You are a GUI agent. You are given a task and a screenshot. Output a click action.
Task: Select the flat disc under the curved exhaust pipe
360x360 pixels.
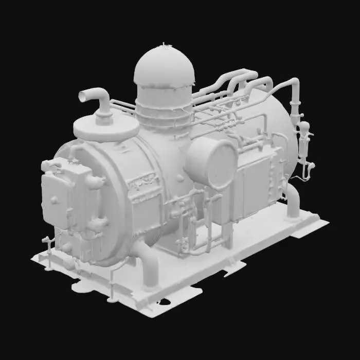(105, 128)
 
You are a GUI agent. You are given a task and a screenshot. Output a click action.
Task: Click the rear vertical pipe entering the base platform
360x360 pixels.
(293, 201)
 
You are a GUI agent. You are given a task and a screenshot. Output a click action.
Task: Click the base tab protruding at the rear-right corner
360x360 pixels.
(309, 229)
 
